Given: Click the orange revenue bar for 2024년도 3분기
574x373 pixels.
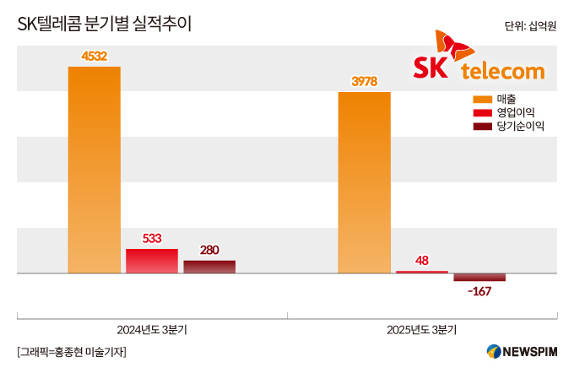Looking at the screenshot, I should [x=94, y=169].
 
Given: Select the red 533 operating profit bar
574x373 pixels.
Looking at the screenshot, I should [x=152, y=261].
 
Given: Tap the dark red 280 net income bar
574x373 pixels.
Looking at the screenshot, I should [x=209, y=267].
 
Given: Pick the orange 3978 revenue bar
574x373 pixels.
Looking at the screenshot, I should [x=364, y=182].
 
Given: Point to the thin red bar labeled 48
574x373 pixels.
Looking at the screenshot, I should [x=422, y=272].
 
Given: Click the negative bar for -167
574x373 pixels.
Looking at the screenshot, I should [x=479, y=278].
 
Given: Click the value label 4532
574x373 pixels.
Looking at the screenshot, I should [x=94, y=57].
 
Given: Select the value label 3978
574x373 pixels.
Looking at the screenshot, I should [x=364, y=82].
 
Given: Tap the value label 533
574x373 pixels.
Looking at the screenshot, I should [x=152, y=239].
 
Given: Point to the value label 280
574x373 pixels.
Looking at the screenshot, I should [x=209, y=250].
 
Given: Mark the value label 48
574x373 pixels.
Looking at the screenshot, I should [x=422, y=261].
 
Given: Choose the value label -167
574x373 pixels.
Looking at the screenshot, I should [x=479, y=291].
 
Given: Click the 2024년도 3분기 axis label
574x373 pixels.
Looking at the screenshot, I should [x=152, y=330].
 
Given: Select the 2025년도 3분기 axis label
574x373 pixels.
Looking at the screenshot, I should [x=422, y=330].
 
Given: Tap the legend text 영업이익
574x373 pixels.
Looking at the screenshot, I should [x=516, y=112].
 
